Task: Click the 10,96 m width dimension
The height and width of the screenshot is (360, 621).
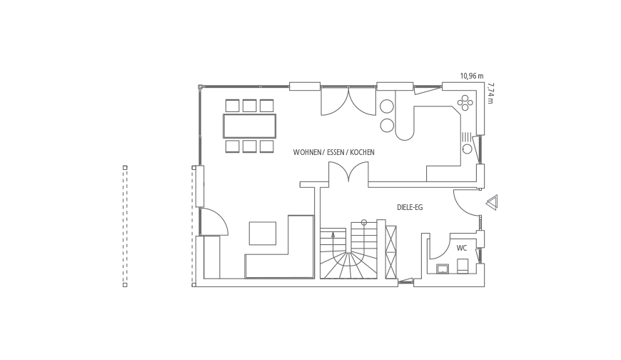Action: pos(472,76)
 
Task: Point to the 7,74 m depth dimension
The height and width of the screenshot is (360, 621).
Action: pos(490,93)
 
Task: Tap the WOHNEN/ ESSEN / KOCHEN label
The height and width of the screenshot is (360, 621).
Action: pos(333,152)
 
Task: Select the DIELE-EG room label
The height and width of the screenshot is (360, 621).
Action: pos(410,207)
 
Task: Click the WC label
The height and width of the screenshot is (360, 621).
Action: pos(461,248)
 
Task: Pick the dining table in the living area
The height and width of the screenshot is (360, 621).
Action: pos(250,126)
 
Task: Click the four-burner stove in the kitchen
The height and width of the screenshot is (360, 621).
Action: pos(465,103)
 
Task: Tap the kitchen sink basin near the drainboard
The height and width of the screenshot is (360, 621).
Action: pos(468,149)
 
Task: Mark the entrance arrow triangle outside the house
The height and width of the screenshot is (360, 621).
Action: pos(492,203)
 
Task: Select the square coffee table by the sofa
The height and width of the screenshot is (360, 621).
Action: pos(262,234)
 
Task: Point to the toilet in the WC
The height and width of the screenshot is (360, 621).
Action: pos(463,266)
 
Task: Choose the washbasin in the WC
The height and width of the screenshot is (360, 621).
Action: pos(442,269)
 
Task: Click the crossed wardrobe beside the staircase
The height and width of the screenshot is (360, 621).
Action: pos(391,252)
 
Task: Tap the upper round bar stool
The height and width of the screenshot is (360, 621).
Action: pos(387,106)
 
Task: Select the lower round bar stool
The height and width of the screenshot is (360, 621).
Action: pos(387,125)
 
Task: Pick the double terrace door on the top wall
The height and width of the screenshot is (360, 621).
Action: pos(348,101)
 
